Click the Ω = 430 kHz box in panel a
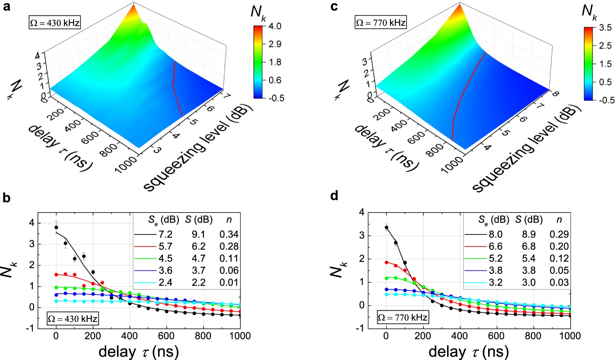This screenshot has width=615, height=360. pyautogui.click(x=54, y=23)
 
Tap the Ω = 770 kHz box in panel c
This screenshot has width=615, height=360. pyautogui.click(x=380, y=23)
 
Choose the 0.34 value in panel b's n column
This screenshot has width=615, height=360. pyautogui.click(x=229, y=235)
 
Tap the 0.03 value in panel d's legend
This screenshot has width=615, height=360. pyautogui.click(x=559, y=282)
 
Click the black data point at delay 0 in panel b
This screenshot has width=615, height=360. pyautogui.click(x=56, y=227)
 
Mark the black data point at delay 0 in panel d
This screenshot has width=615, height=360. pyautogui.click(x=386, y=227)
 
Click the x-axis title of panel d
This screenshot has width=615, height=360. pyautogui.click(x=469, y=351)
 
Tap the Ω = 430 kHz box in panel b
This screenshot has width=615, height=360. pyautogui.click(x=72, y=319)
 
